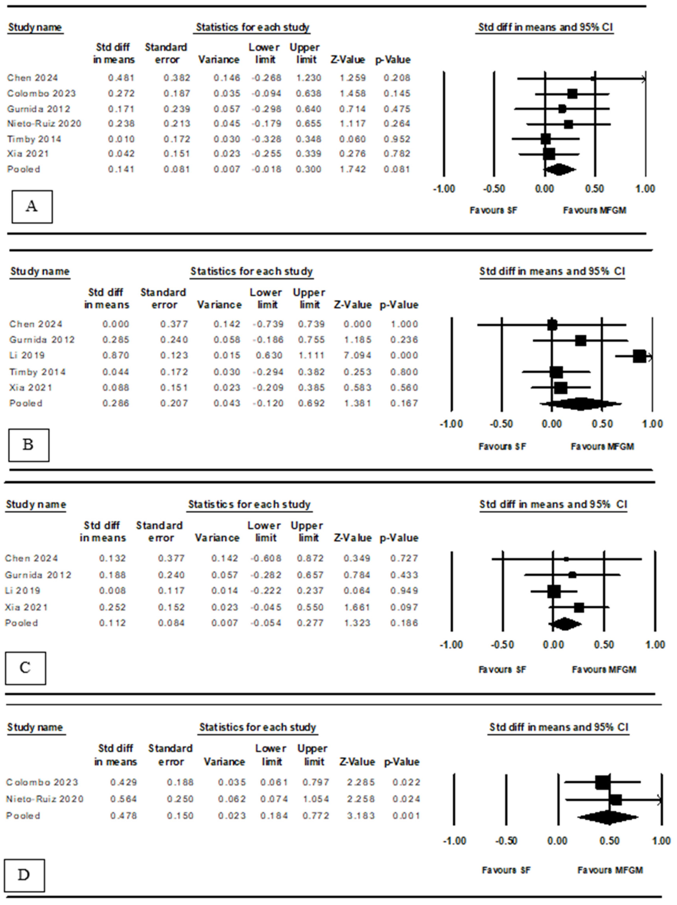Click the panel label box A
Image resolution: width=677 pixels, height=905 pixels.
coord(32,207)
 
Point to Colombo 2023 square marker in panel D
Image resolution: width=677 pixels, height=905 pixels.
coord(602,782)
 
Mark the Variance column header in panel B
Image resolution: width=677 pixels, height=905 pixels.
coord(219,305)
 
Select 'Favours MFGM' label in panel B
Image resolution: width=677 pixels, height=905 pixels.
coord(602,446)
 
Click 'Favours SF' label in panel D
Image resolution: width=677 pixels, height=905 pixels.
coord(506,870)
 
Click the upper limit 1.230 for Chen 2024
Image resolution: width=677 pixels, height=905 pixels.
coord(308,78)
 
